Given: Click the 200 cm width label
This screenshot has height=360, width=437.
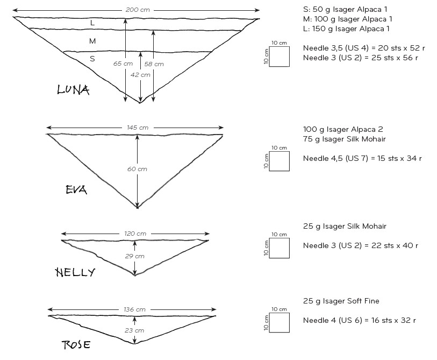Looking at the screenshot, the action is tap(138, 10).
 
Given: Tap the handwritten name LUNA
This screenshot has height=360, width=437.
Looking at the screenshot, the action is tap(73, 90).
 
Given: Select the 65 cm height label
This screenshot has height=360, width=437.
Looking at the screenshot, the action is tap(123, 63).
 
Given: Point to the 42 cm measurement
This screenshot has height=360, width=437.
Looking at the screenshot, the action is tap(140, 75).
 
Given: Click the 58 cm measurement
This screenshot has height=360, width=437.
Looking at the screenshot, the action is tap(154, 64).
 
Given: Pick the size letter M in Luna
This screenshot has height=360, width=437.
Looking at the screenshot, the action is tap(92, 41).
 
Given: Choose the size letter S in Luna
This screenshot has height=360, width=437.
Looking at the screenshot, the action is tap(92, 59).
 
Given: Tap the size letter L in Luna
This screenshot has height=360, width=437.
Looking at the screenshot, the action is tap(92, 23).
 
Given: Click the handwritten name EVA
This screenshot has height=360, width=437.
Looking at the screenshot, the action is tap(76, 190).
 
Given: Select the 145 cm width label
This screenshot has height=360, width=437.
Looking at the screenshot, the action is tap(138, 128).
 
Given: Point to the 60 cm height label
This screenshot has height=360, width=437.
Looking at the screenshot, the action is tap(137, 169).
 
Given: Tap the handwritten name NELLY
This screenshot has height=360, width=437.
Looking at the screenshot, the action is tap(75, 272).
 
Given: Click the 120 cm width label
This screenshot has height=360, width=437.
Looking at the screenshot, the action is tap(135, 234).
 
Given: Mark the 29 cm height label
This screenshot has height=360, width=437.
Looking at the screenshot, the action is tap(134, 256).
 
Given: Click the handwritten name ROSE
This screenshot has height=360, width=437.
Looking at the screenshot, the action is tap(76, 344).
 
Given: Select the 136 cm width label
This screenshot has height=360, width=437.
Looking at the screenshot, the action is tap(134, 309).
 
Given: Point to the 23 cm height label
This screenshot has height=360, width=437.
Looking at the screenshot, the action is tap(134, 330).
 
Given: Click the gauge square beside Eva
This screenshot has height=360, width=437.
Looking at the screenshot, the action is tap(280, 161).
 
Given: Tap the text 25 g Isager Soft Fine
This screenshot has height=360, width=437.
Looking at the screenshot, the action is tap(341, 301).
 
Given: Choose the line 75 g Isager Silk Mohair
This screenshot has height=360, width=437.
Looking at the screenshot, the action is tap(345, 139).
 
